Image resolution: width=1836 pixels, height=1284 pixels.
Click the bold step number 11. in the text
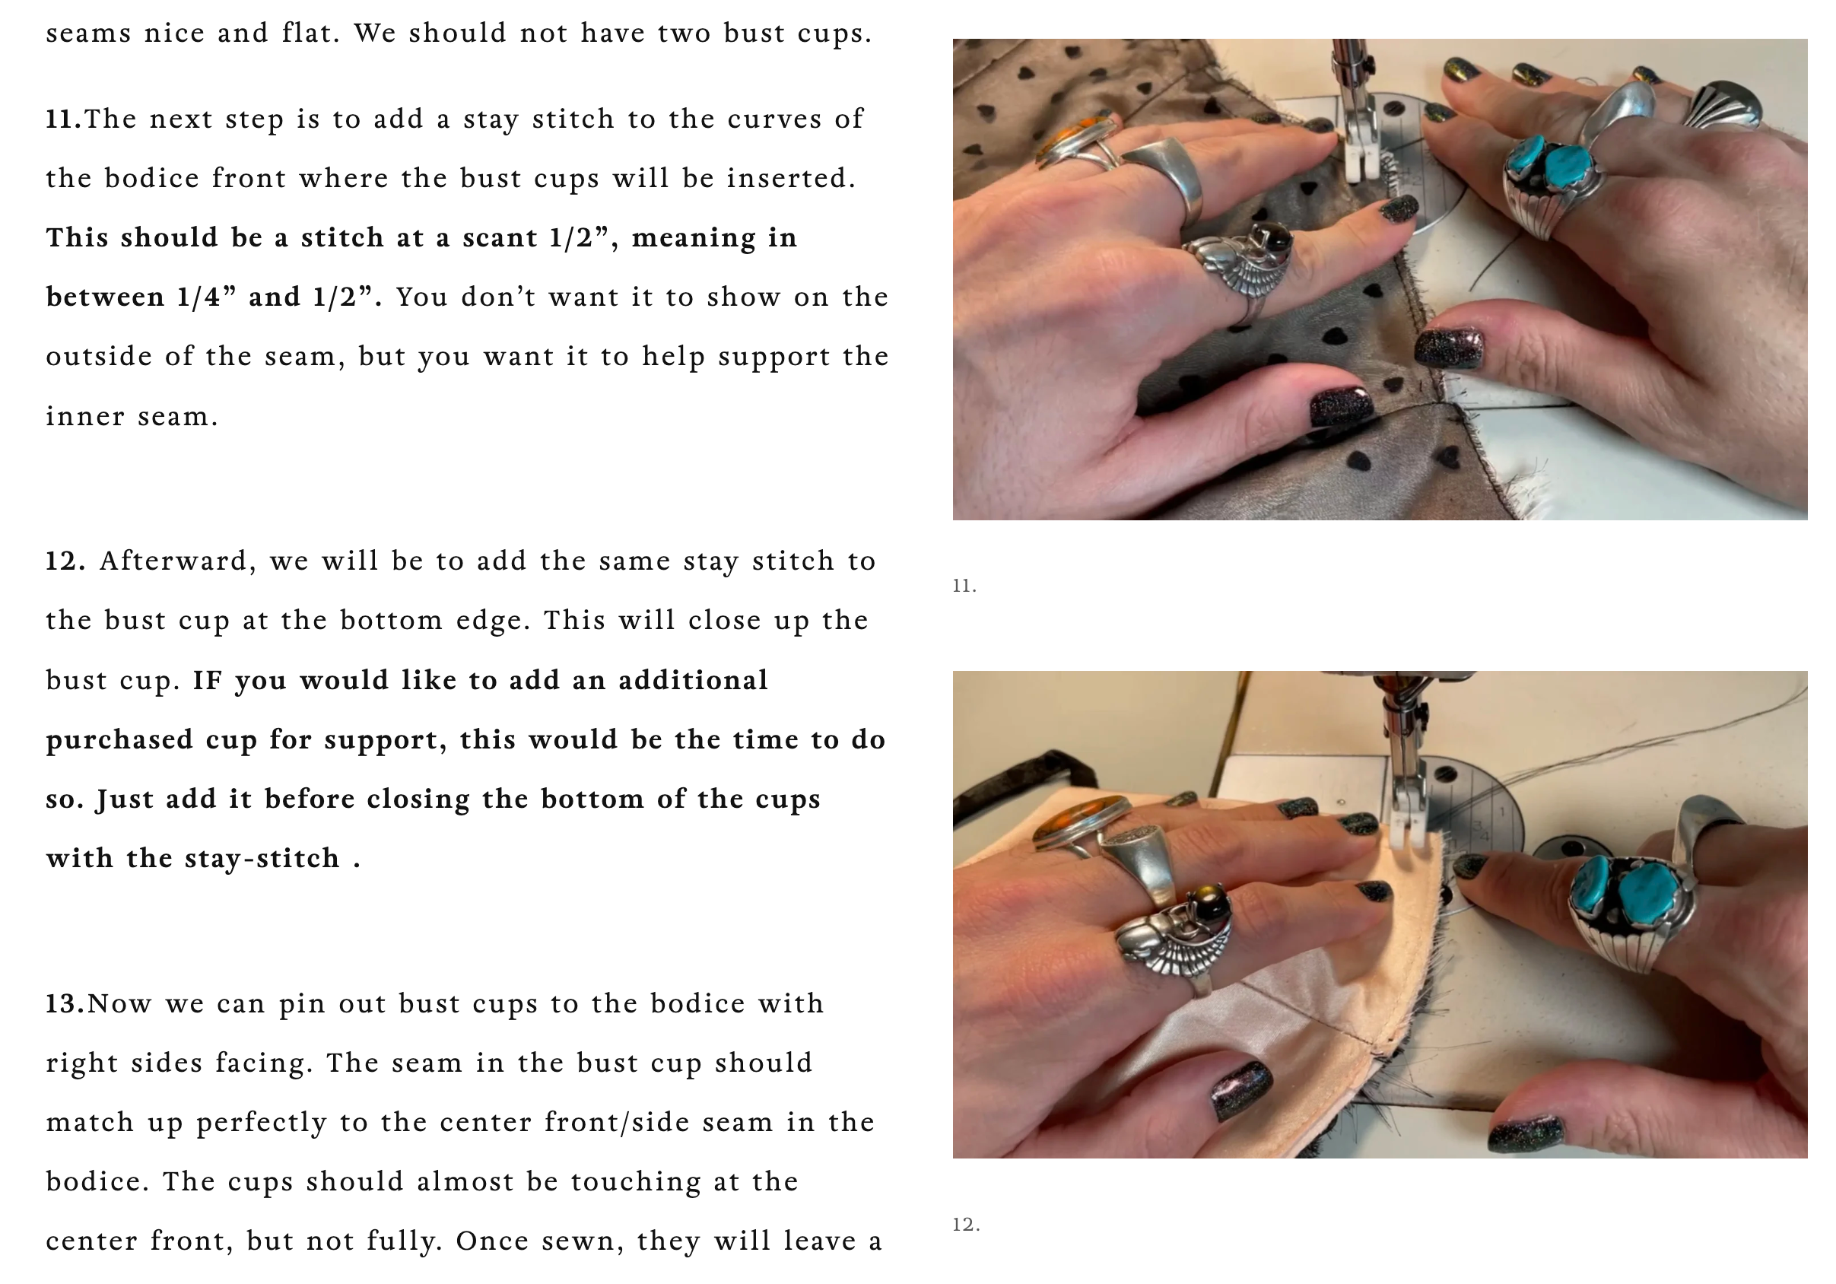64,119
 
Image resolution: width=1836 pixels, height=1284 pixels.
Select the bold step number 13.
65,1004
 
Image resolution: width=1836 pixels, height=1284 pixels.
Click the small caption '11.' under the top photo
964,586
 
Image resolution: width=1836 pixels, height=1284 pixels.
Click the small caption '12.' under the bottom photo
966,1225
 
